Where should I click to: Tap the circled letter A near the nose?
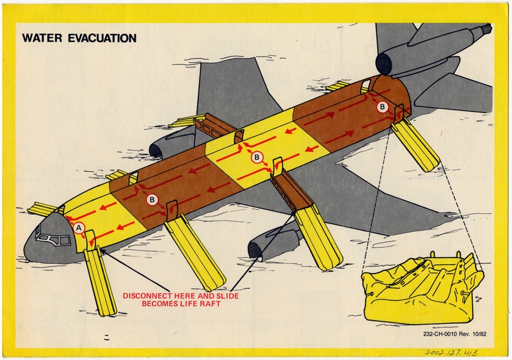click(x=79, y=227)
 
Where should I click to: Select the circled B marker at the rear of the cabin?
click(x=382, y=107)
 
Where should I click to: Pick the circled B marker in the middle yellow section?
click(x=257, y=157)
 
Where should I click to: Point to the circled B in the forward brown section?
click(x=152, y=199)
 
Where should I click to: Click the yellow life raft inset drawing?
click(x=423, y=286)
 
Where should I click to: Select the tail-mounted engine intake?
click(x=385, y=63)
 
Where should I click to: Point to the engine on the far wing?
click(x=157, y=150)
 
